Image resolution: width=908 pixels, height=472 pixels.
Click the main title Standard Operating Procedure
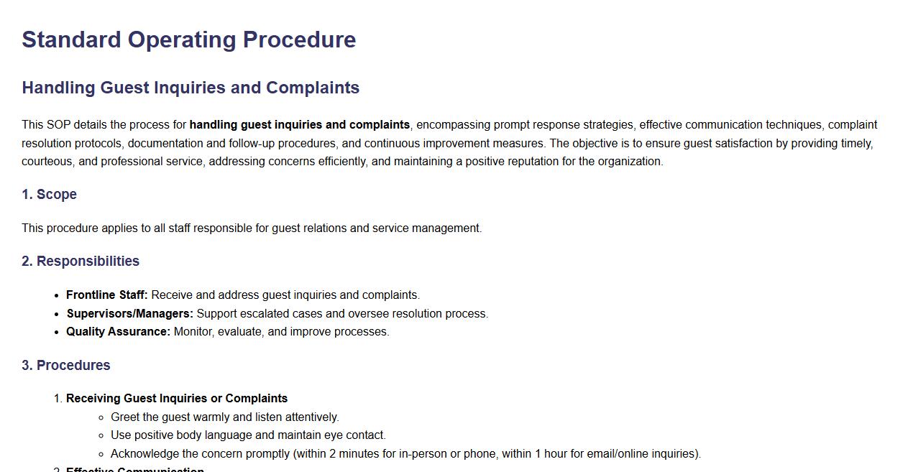coord(188,40)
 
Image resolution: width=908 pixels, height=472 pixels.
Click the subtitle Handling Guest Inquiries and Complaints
coord(191,88)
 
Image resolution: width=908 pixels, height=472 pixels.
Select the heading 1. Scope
coord(49,195)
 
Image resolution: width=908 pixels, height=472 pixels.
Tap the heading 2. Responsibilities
coord(81,262)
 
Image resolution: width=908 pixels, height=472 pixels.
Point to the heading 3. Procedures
coord(65,366)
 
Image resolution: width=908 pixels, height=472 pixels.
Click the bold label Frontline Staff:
coord(106,295)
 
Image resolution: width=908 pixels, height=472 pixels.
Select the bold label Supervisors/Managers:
coord(129,314)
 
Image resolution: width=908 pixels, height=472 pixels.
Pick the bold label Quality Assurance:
coord(118,332)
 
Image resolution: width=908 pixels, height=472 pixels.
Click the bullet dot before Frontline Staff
coord(58,295)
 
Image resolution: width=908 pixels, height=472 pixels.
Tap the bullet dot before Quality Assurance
coord(58,333)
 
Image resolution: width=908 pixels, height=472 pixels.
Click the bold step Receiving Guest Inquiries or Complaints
coord(177,399)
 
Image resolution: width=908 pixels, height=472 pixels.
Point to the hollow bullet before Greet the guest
coord(102,417)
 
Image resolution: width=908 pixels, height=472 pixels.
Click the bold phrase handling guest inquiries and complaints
coord(299,125)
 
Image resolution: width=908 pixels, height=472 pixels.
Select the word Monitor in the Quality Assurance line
coord(193,332)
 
